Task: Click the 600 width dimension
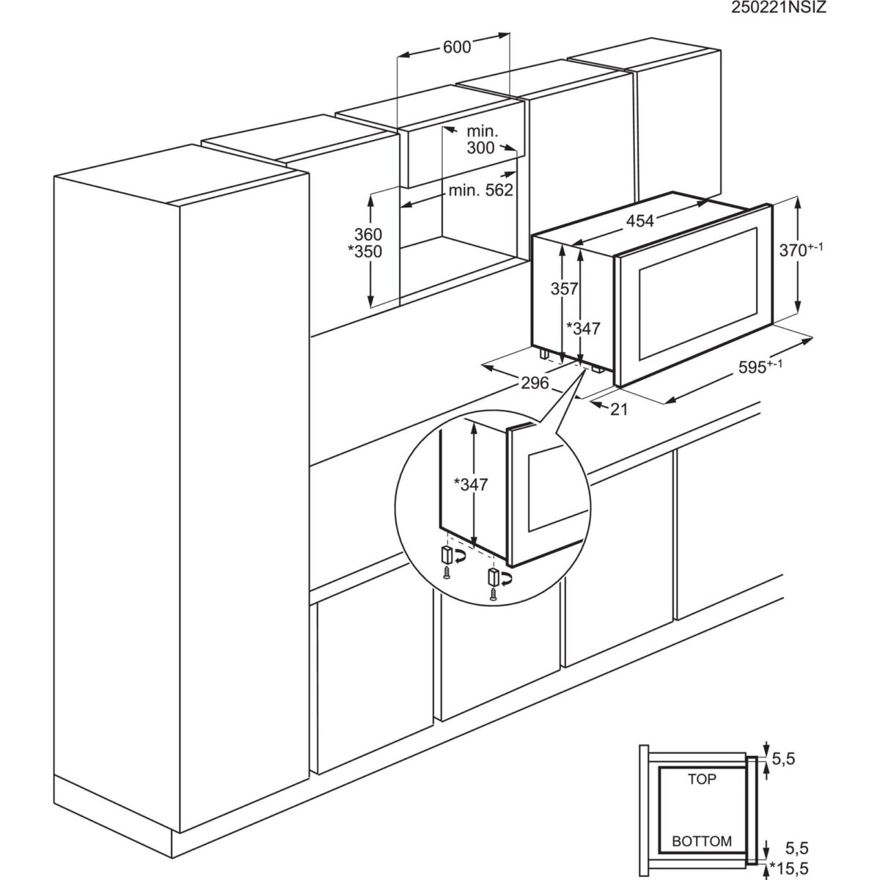[x=456, y=47]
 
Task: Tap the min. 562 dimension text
[x=480, y=191]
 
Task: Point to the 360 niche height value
[x=368, y=235]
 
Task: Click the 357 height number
[x=565, y=289]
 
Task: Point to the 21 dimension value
[x=620, y=410]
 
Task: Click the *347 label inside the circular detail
[x=470, y=484]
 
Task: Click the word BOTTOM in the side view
[x=702, y=840]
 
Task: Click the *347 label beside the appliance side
[x=584, y=329]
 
